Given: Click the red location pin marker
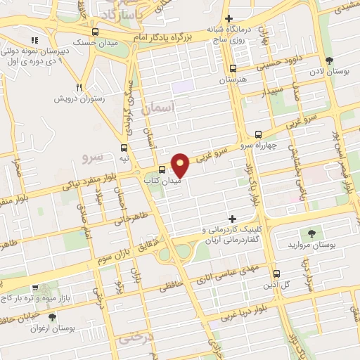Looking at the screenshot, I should pyautogui.click(x=181, y=165).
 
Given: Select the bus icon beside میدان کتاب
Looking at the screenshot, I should pyautogui.click(x=162, y=169).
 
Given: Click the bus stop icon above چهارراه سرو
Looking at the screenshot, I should pyautogui.click(x=258, y=134).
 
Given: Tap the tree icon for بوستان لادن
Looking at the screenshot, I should pyautogui.click(x=330, y=60).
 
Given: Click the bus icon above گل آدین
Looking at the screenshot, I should pyautogui.click(x=276, y=274).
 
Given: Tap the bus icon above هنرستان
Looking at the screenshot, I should pyautogui.click(x=233, y=69).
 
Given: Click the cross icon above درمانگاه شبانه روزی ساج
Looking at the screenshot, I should pyautogui.click(x=227, y=19).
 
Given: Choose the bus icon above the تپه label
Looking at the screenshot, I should pyautogui.click(x=124, y=148).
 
